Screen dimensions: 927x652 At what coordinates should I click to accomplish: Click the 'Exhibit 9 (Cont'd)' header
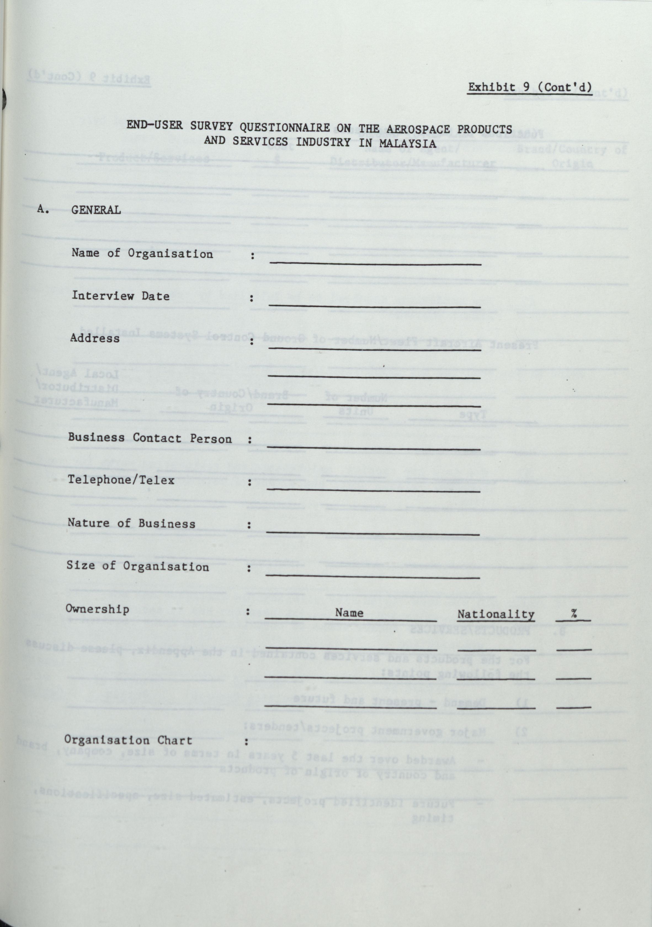[x=529, y=87]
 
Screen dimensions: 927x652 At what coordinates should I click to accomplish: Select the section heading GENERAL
[x=96, y=210]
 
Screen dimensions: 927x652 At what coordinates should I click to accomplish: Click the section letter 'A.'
[x=43, y=209]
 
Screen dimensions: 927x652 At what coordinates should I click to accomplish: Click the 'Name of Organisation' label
[x=142, y=254]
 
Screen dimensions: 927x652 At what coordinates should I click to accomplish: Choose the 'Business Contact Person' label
[x=150, y=438]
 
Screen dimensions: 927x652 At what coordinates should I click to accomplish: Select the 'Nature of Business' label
[x=131, y=523]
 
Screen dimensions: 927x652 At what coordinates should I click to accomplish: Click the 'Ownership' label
[x=97, y=609]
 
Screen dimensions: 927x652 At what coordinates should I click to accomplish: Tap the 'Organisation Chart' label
[x=128, y=740]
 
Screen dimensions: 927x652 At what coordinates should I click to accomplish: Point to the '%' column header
[x=574, y=614]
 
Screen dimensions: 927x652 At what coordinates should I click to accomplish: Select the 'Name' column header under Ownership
[x=349, y=613]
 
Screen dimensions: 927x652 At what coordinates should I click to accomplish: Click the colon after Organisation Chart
[x=247, y=742]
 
